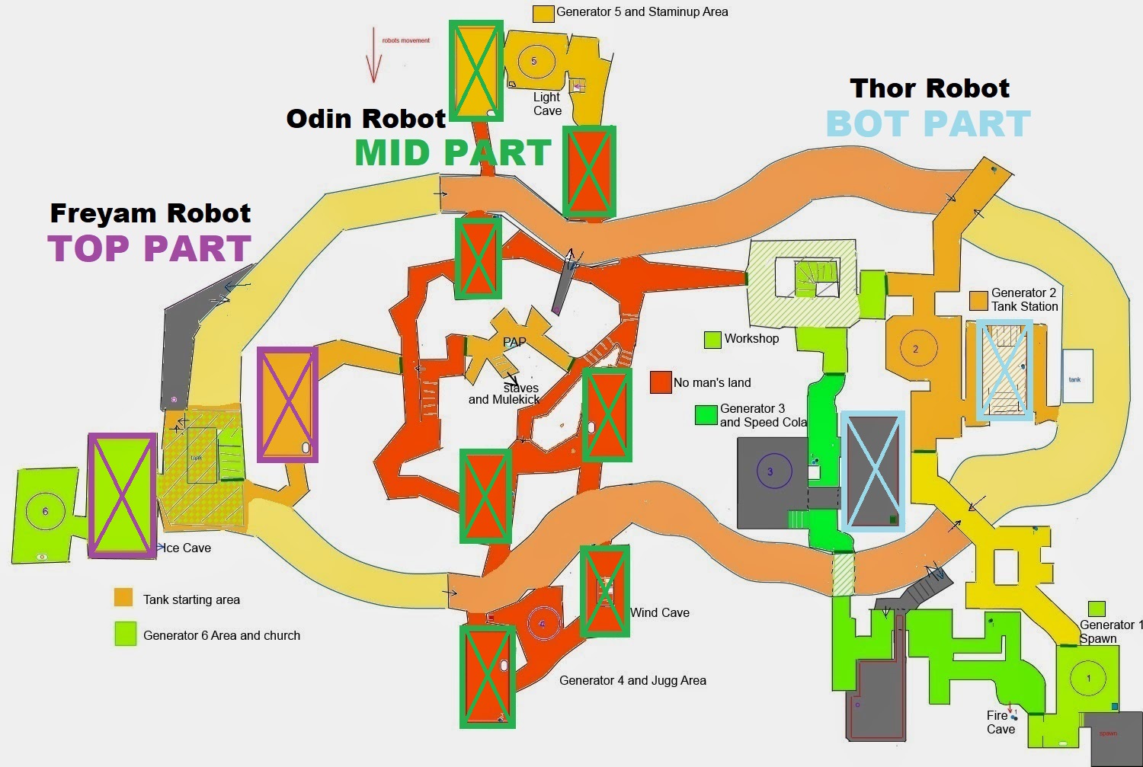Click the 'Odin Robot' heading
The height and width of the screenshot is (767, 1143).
pos(366,119)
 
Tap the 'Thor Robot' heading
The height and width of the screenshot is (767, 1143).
pos(930,88)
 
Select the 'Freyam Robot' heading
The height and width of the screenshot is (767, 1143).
pos(150,213)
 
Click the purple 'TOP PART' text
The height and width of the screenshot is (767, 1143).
pos(149,248)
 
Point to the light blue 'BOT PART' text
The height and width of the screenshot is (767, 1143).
pos(928,124)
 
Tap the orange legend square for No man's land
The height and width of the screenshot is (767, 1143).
pos(661,382)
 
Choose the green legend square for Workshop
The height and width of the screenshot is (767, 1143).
pos(712,339)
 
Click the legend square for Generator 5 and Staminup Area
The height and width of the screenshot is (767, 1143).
pos(543,13)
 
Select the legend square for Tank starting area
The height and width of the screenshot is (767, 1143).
pos(123,598)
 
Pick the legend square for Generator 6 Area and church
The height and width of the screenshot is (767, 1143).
pos(125,634)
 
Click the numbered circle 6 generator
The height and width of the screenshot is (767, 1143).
pos(45,511)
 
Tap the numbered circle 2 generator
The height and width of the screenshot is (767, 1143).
pos(915,349)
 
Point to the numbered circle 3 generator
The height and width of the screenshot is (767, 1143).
pos(770,472)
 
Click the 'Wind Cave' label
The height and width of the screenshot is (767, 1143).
pos(660,612)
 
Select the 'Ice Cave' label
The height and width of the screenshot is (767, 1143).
pos(187,548)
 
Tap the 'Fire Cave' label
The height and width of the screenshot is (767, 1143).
pos(1000,722)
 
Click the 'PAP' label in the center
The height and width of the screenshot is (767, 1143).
pos(514,342)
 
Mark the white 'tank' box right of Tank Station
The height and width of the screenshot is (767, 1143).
pos(1077,377)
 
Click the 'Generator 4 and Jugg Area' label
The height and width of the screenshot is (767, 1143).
pos(632,680)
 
